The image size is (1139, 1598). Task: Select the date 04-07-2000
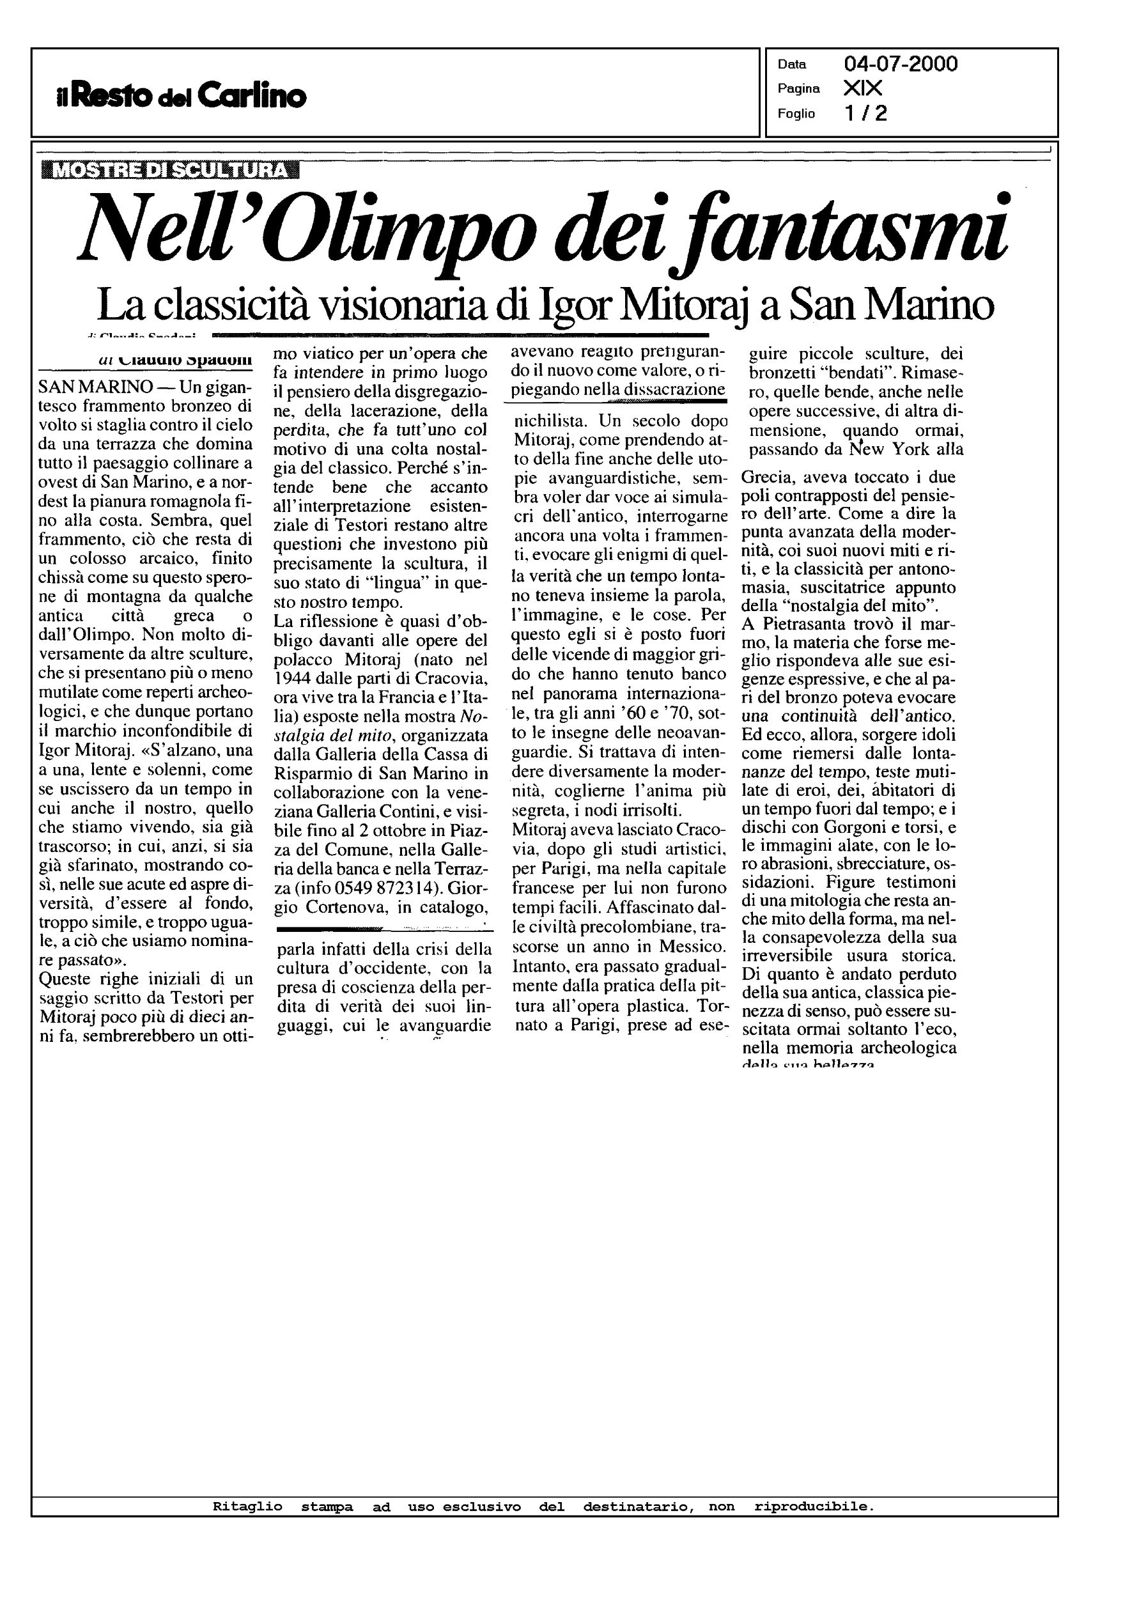(x=901, y=65)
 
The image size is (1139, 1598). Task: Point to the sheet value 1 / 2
(x=865, y=113)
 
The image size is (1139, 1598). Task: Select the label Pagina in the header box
(x=798, y=89)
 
